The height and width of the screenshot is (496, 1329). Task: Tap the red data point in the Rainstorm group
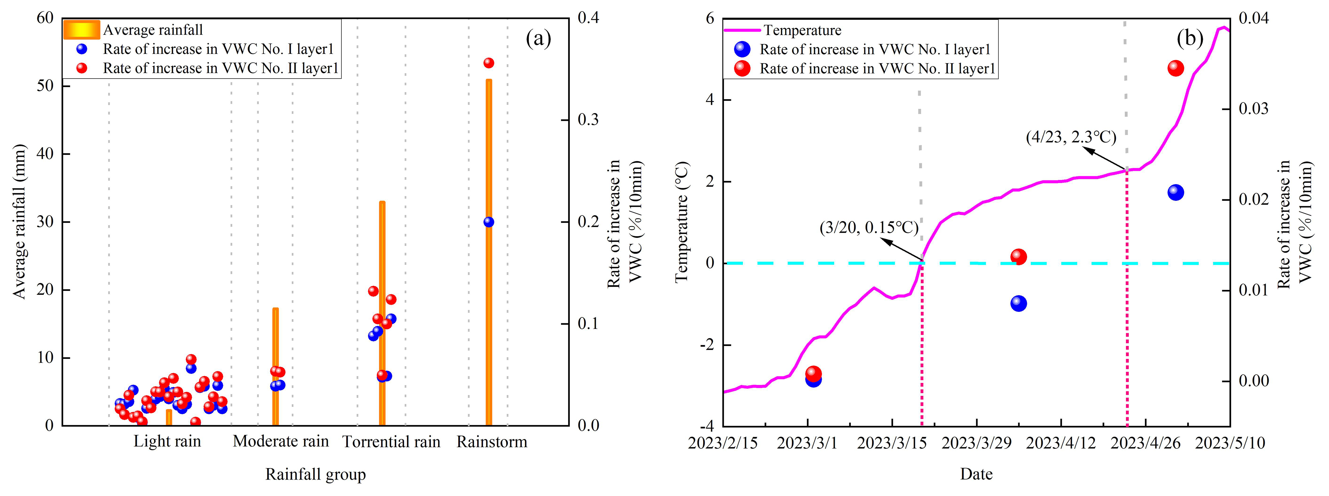pos(489,63)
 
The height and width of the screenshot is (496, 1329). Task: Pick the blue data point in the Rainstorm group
pos(489,222)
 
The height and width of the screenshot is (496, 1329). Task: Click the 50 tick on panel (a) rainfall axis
pos(46,86)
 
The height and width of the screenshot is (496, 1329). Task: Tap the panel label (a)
pos(538,38)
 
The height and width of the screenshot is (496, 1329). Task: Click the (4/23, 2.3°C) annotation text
pos(1071,137)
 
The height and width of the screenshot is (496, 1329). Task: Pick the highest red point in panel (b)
pos(1175,68)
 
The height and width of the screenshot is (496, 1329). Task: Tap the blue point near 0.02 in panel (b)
pos(1175,192)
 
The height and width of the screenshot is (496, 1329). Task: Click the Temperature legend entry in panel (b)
pos(802,30)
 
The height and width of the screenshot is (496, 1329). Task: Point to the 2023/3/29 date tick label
pos(976,443)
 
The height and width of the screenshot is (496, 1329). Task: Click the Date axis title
pos(976,474)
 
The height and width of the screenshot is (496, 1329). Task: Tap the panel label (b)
pos(1190,38)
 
